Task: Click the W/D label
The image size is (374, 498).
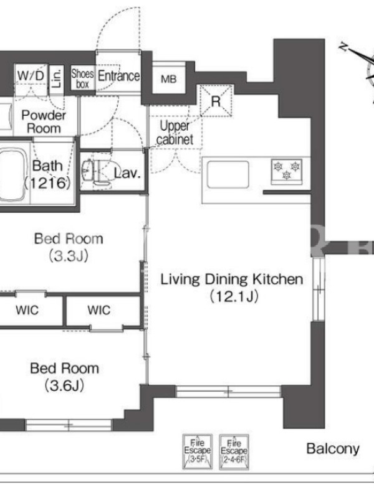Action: [31, 75]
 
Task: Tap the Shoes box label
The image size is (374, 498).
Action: [82, 79]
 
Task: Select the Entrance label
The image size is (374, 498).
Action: [118, 75]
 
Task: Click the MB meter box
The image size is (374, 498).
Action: [168, 78]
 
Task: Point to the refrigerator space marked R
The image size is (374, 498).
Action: [216, 101]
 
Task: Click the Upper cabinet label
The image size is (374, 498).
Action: [175, 133]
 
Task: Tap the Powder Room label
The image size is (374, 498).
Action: [44, 121]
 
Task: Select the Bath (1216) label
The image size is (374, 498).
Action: [47, 174]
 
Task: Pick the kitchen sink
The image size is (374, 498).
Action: [228, 174]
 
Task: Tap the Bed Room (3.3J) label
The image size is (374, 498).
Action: [69, 247]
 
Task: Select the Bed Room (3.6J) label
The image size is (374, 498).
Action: [65, 377]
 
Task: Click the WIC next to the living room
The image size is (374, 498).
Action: [99, 310]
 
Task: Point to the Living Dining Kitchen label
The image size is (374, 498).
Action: [232, 288]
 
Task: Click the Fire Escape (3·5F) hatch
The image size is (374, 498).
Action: [197, 452]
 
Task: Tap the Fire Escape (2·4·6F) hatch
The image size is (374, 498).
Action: [234, 453]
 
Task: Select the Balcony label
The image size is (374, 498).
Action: [333, 449]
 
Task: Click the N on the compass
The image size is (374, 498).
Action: [343, 48]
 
